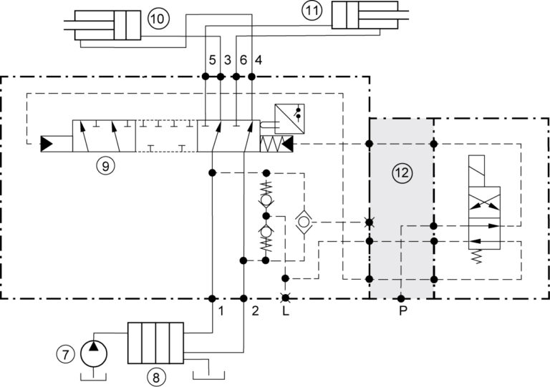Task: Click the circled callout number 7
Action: tap(65, 354)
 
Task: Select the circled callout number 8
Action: tap(155, 378)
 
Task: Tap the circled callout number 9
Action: tap(105, 166)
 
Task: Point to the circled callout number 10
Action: tap(158, 19)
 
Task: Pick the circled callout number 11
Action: tap(312, 11)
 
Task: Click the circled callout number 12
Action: tap(402, 172)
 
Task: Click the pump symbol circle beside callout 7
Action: tap(94, 353)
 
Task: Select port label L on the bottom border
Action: tap(286, 310)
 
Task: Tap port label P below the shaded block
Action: tap(403, 310)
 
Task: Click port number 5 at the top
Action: tap(212, 60)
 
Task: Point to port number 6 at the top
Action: tap(243, 60)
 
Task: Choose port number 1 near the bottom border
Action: tap(221, 310)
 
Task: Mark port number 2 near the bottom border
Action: tap(255, 310)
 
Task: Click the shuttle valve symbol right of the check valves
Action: tap(304, 222)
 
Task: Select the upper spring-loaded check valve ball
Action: tap(266, 200)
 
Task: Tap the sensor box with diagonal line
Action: tap(289, 119)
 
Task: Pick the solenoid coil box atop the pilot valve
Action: tap(476, 171)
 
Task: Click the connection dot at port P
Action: tap(401, 299)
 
